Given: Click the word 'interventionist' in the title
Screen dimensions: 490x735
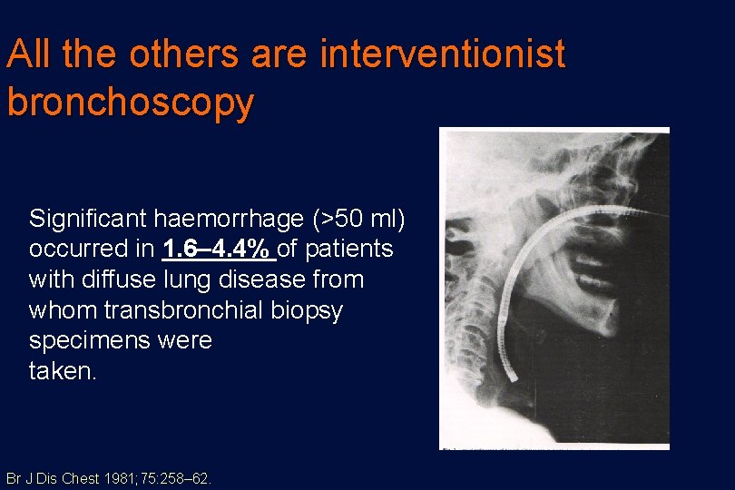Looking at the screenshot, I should (443, 55).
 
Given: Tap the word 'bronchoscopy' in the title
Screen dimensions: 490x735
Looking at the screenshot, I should (130, 102).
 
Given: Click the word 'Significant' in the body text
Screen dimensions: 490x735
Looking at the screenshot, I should (88, 219).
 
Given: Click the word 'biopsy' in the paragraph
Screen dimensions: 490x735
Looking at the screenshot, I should (311, 310).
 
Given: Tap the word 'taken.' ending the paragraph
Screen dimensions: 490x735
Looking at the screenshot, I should (62, 371).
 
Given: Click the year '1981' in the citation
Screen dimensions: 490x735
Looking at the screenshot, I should (116, 478).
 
